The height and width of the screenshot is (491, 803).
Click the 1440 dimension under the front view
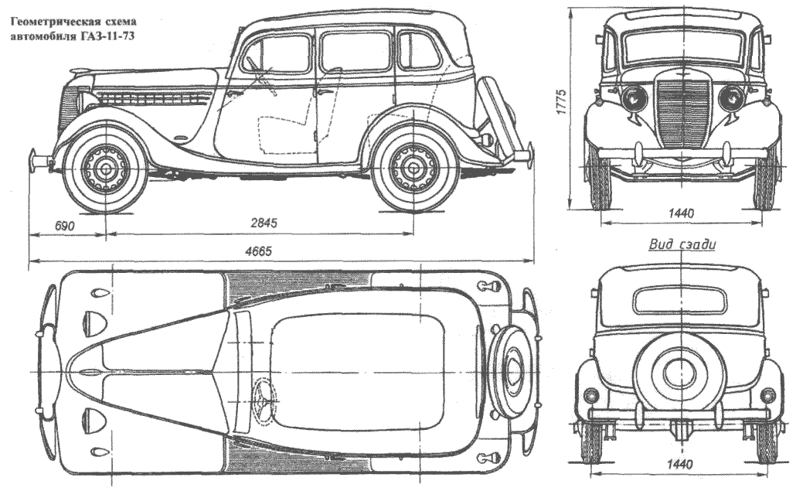pyautogui.click(x=680, y=213)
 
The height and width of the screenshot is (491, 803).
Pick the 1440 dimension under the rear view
pyautogui.click(x=679, y=464)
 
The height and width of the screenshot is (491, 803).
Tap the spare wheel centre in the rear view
pyautogui.click(x=679, y=371)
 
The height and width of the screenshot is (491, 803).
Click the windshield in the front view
pyautogui.click(x=679, y=46)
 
